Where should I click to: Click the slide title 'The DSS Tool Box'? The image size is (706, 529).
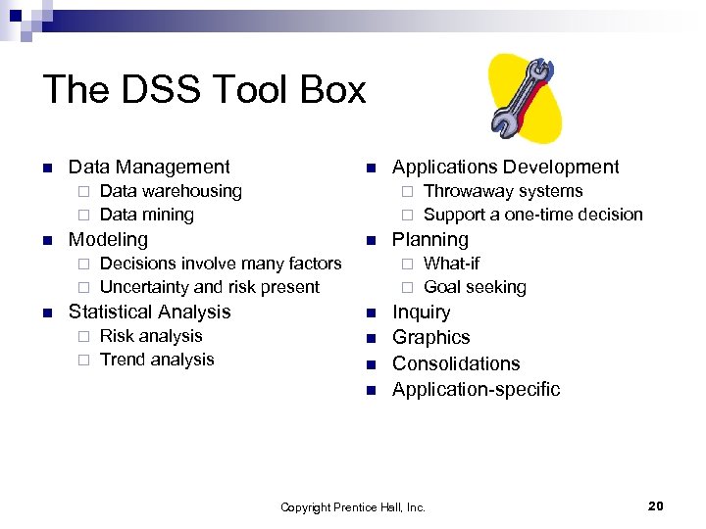204,90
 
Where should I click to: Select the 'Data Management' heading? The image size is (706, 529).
149,168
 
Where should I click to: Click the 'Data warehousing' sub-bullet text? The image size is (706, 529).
171,191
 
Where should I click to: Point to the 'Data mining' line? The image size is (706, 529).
147,215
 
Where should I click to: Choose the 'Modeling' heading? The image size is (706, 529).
108,239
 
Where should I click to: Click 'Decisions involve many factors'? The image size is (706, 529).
221,263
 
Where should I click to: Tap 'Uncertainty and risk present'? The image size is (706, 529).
210,287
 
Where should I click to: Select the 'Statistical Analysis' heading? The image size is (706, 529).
149,312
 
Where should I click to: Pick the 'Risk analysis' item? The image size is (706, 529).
151,335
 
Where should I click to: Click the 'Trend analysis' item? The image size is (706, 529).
157,360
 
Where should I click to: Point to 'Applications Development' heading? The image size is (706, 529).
505,168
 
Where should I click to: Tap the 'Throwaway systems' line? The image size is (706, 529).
503,191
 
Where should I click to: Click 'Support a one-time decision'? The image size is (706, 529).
532,215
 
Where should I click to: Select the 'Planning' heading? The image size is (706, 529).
430,239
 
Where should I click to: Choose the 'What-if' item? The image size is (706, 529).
451,263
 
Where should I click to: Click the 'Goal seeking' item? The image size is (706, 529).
475,287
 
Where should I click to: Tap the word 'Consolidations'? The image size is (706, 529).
456,363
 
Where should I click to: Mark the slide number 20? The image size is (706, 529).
656,505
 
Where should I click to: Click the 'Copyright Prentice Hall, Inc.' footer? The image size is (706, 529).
353,507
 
